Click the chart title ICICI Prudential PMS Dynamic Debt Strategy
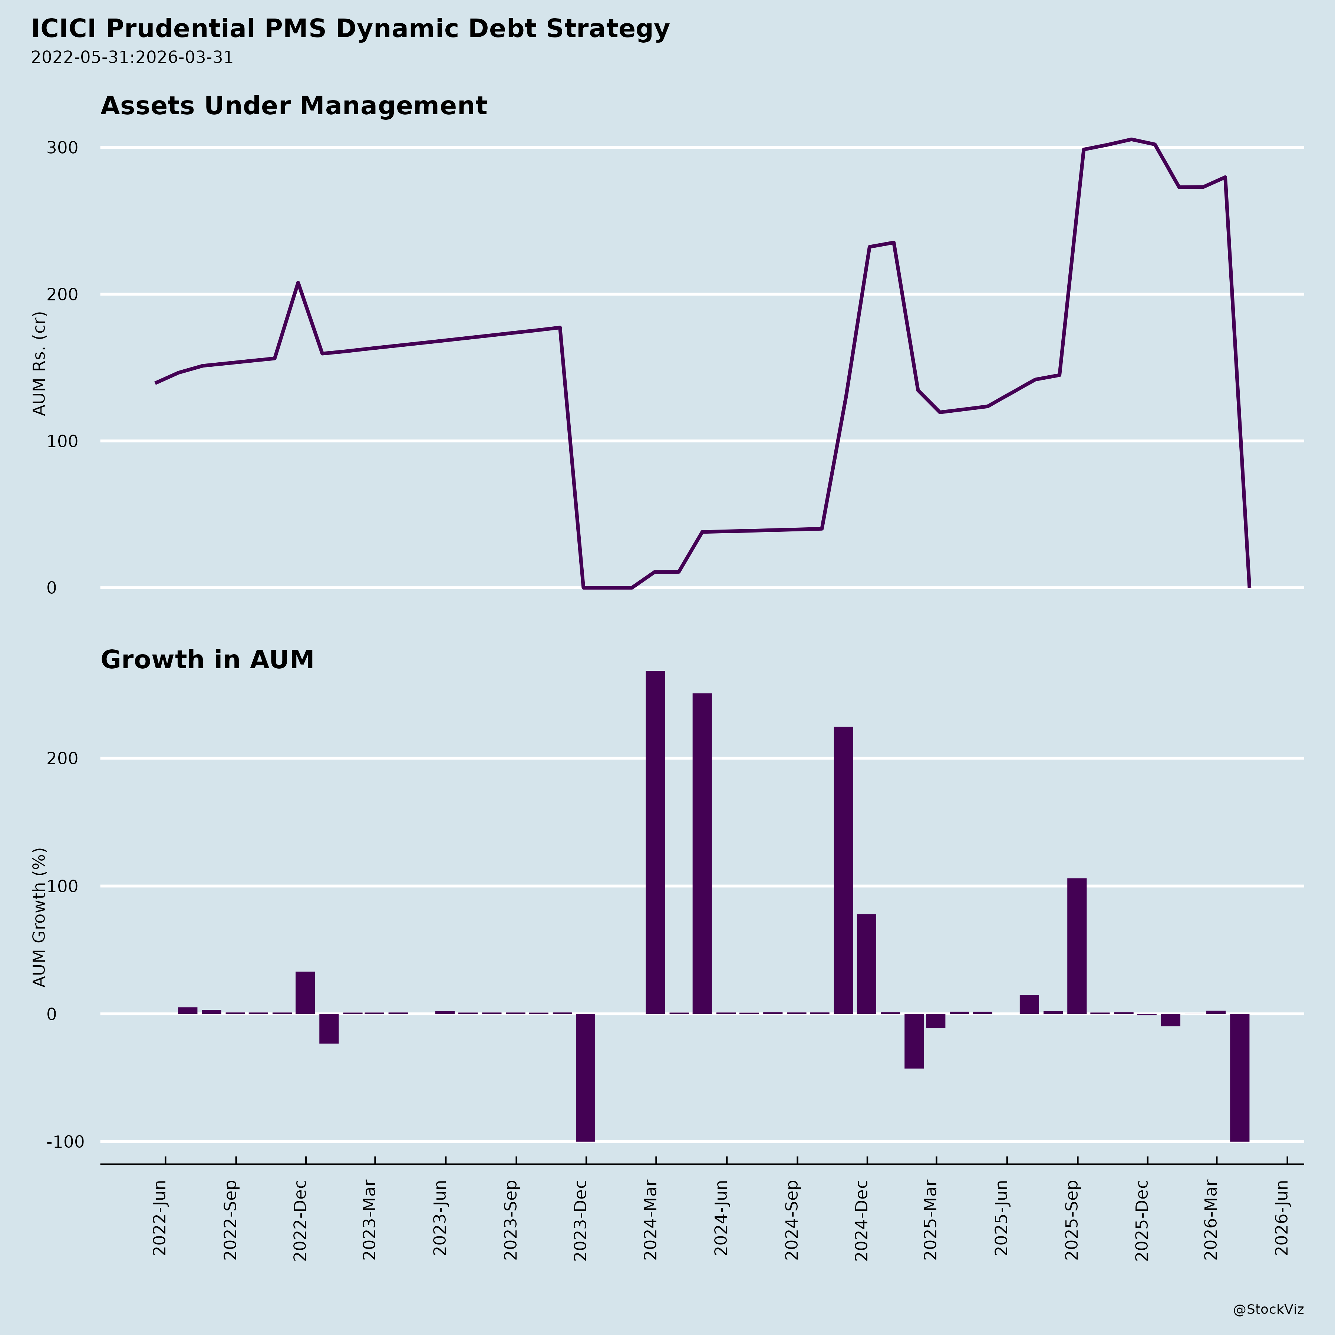[350, 29]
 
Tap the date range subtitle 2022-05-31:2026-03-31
[132, 57]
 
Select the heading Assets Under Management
[294, 106]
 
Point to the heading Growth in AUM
[207, 660]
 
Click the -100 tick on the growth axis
[65, 1142]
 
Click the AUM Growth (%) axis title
[39, 917]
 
